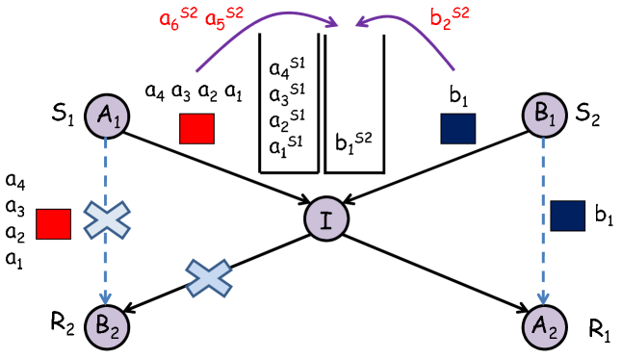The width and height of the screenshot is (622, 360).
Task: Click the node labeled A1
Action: tap(107, 116)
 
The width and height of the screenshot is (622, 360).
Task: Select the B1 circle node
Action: tap(544, 115)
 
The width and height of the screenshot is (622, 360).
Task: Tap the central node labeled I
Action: tap(325, 219)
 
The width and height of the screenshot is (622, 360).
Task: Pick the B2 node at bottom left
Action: tap(107, 322)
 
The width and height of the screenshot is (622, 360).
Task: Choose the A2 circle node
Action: tap(544, 322)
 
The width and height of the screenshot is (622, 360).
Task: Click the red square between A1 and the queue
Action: tap(197, 129)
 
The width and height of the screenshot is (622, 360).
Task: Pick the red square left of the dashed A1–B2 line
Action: tap(53, 223)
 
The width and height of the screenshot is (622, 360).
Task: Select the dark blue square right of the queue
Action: tap(457, 129)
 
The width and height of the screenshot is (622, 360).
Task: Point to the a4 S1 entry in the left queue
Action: tap(287, 69)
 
